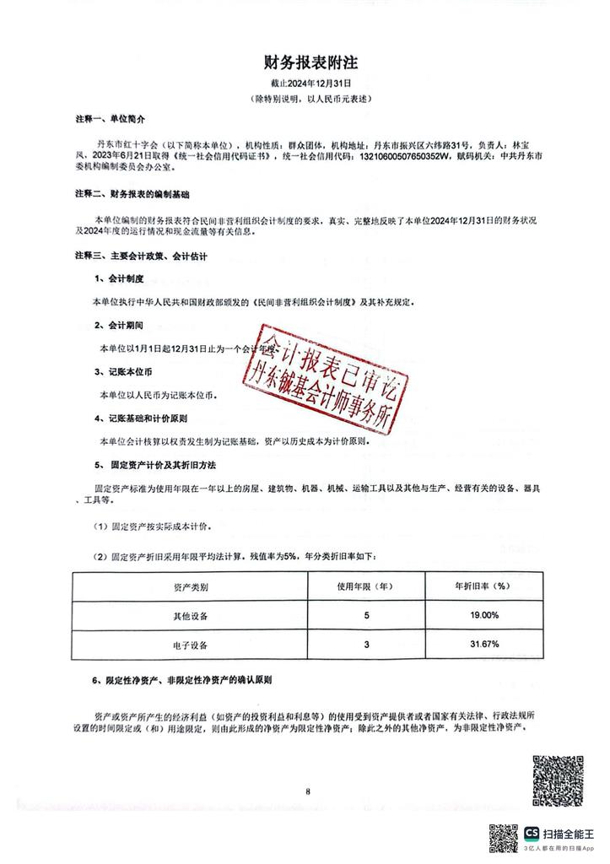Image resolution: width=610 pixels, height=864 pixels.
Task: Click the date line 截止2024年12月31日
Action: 310,84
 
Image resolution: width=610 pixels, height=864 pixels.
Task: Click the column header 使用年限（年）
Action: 367,586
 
